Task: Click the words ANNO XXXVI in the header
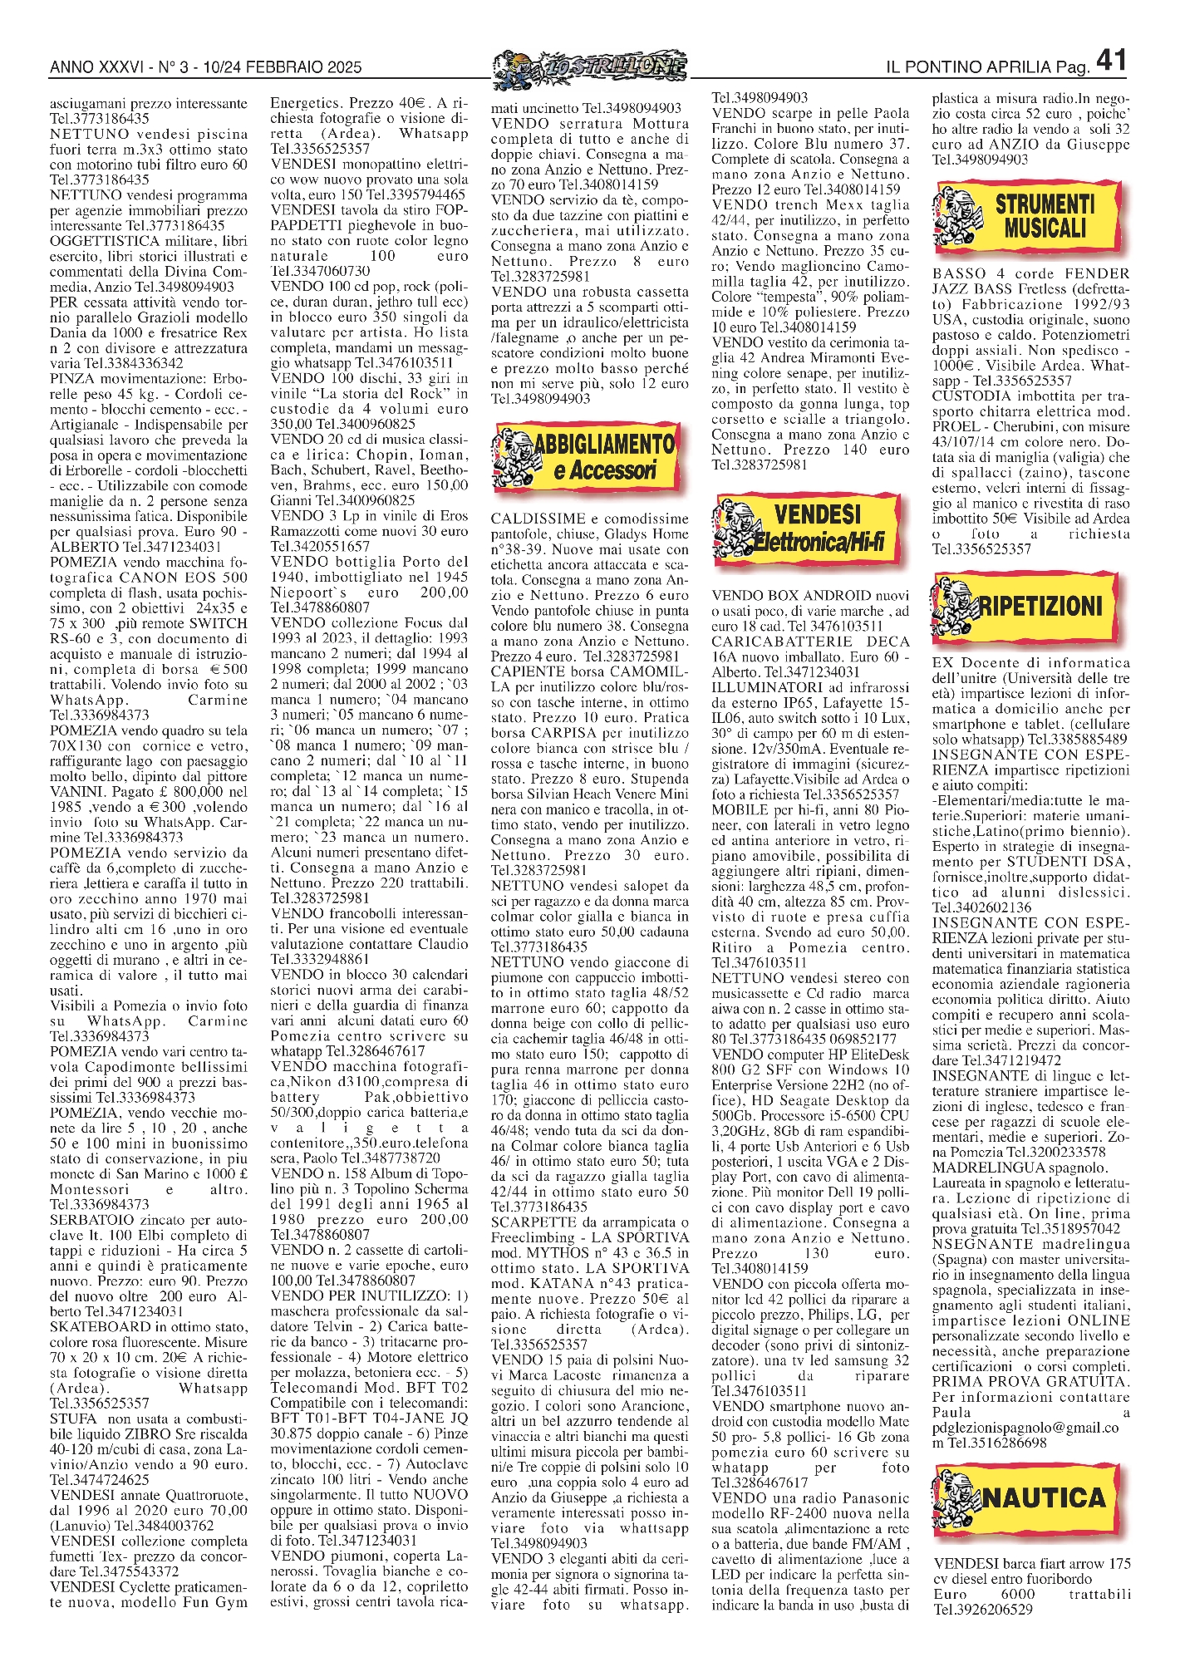96,66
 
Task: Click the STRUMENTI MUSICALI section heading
1045,216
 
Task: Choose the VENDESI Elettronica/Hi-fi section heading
819,528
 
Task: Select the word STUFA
72,1419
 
